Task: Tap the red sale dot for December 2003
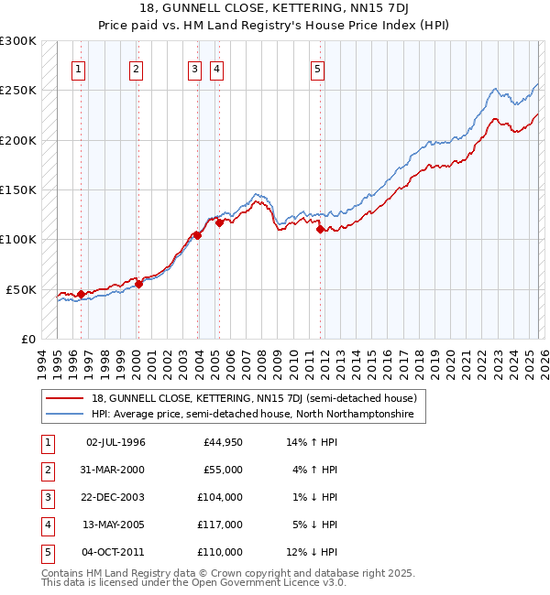tap(197, 235)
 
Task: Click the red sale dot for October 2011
tap(320, 230)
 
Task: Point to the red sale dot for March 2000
tap(138, 284)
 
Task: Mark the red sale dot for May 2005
tap(219, 222)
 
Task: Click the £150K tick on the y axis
tap(18, 189)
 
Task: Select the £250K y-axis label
tap(18, 91)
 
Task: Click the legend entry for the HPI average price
tap(252, 415)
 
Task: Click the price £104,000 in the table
tap(220, 497)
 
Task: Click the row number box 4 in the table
tap(46, 525)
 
